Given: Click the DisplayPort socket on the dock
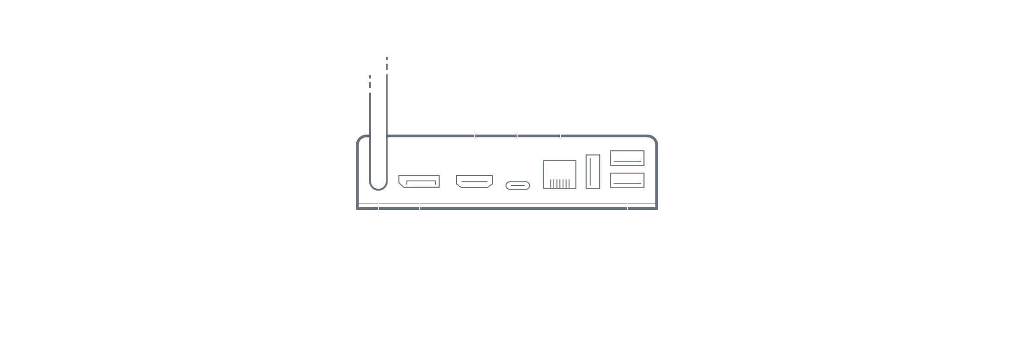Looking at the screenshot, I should (419, 181).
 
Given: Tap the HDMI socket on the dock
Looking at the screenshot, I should (474, 181).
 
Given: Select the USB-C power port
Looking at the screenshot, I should (518, 186).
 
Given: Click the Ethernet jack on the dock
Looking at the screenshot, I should (559, 174).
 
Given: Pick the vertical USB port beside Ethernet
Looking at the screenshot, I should (593, 171).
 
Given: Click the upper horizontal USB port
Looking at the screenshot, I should (627, 158).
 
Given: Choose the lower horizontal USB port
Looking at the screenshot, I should (627, 180).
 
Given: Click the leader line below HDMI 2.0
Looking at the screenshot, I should (475, 138).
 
